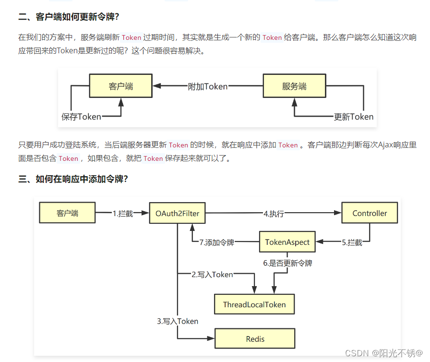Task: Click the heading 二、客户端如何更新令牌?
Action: tap(69, 17)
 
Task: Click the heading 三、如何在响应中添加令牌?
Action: tap(73, 179)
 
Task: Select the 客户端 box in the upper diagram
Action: tap(120, 86)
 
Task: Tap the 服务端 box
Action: tap(294, 86)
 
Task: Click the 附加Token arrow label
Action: tap(207, 86)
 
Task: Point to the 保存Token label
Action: tap(81, 116)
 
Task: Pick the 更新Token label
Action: tap(353, 116)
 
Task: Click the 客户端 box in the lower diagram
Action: tap(67, 213)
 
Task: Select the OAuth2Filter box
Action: tap(177, 213)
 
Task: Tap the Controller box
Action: tap(370, 213)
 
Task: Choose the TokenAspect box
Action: tap(287, 242)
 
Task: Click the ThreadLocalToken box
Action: tap(254, 304)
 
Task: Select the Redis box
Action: tap(255, 339)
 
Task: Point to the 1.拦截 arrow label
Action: tap(123, 214)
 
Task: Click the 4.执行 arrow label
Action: tap(274, 214)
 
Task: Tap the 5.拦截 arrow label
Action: tap(352, 243)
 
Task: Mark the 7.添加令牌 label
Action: tap(216, 243)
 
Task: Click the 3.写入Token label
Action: tap(178, 321)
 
